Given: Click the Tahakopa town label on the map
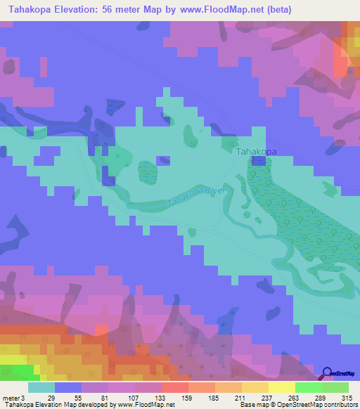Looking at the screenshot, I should click(x=255, y=151).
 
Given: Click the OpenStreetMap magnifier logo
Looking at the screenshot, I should click(x=328, y=374).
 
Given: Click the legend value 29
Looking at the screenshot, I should click(x=51, y=397).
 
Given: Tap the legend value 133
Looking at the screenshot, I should click(x=158, y=397).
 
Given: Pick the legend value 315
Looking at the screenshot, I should click(x=345, y=397).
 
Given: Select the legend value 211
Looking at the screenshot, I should click(x=239, y=397).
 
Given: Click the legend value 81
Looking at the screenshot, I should click(x=104, y=397).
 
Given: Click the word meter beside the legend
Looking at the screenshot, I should click(x=11, y=397).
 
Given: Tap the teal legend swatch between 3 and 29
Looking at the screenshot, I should click(x=41, y=387).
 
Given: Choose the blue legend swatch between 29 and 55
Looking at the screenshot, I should click(x=68, y=387).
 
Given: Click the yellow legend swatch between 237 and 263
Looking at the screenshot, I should click(x=282, y=387).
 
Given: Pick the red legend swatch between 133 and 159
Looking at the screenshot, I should click(x=175, y=387).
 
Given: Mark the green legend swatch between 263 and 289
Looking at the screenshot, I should click(x=309, y=387).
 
